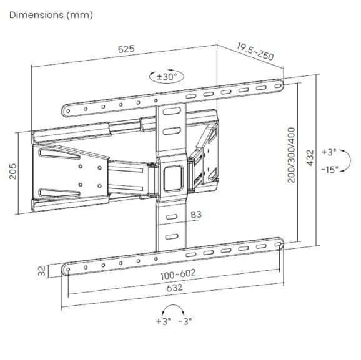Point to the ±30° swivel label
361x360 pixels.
coord(167,77)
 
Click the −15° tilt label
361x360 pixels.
coord(329,169)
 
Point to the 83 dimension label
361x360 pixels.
coord(195,215)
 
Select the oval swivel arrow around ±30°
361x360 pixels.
coord(167,77)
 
